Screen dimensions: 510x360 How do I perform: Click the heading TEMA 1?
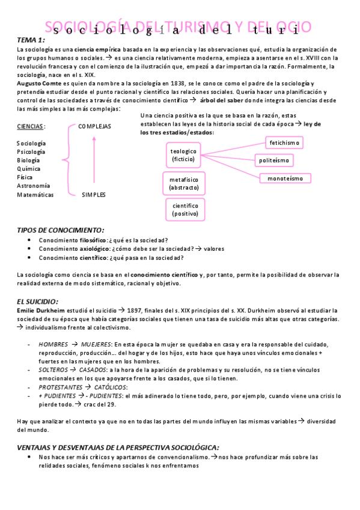(31, 40)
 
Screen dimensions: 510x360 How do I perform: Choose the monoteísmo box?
(285, 178)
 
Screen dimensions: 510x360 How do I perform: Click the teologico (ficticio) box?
(183, 155)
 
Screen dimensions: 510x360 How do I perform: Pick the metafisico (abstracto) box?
(183, 183)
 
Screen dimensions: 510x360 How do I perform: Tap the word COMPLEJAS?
(94, 126)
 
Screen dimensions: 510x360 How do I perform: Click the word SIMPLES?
(94, 195)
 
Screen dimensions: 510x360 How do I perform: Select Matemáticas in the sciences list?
(35, 195)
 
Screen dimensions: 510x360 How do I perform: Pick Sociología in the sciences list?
(31, 143)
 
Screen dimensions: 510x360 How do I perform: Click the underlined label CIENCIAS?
(30, 126)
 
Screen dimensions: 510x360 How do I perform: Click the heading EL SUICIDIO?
(37, 300)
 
